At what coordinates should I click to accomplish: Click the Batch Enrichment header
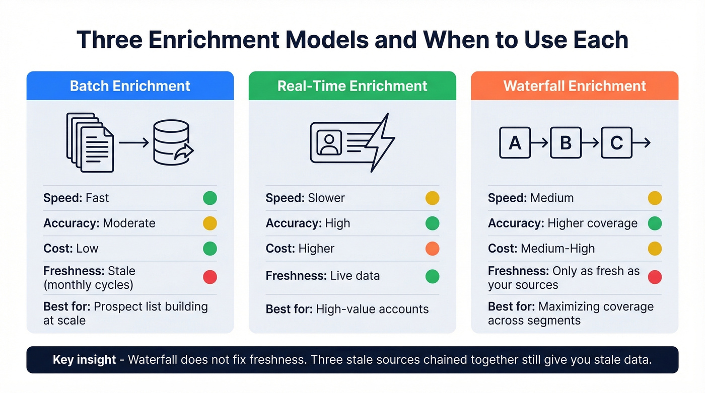(130, 86)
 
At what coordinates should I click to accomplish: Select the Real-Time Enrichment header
(352, 86)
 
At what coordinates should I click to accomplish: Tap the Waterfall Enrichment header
(575, 86)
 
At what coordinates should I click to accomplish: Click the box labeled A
(515, 143)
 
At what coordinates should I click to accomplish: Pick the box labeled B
(566, 143)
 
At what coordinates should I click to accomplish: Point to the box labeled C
(616, 143)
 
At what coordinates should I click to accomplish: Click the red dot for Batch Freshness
(210, 277)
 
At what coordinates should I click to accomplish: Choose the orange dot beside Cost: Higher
(432, 249)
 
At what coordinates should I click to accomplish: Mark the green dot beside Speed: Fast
(210, 198)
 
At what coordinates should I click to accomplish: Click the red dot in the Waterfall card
(655, 277)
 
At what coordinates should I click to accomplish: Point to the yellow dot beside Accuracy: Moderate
(210, 223)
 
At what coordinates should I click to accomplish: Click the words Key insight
(84, 360)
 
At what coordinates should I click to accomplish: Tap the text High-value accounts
(372, 309)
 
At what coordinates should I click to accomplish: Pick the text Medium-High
(557, 249)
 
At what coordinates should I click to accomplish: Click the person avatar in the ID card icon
(329, 142)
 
